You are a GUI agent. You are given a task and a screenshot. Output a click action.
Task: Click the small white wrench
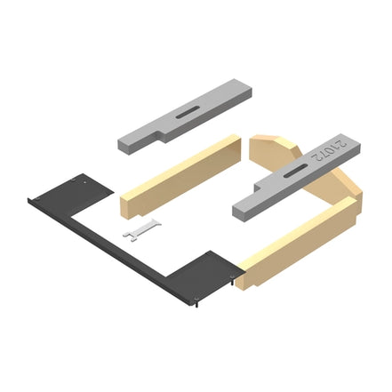click(x=143, y=229)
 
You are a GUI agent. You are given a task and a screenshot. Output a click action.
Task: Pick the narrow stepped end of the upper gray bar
click(x=132, y=142)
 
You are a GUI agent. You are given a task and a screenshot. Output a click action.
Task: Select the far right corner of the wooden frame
click(x=356, y=200)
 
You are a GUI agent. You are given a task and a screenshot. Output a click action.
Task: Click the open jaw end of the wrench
click(x=130, y=234)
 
